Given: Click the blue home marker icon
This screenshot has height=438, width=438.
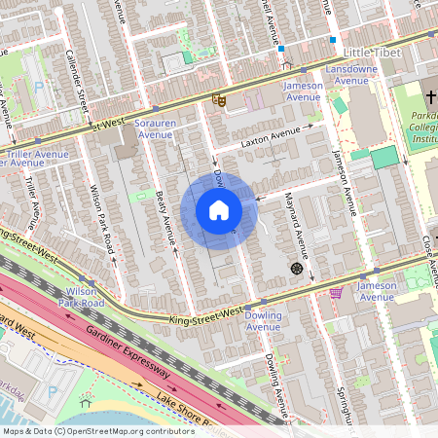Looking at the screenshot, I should tap(219, 209).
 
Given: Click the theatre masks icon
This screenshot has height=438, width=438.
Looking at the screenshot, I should tap(220, 98).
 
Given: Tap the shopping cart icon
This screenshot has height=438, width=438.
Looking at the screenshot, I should tap(337, 291).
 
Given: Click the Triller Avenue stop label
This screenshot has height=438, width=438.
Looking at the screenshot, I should tap(36, 158).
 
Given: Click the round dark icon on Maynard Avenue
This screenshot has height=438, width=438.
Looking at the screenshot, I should tap(296, 268).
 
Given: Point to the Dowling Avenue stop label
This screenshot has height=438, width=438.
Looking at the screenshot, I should tap(262, 321).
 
